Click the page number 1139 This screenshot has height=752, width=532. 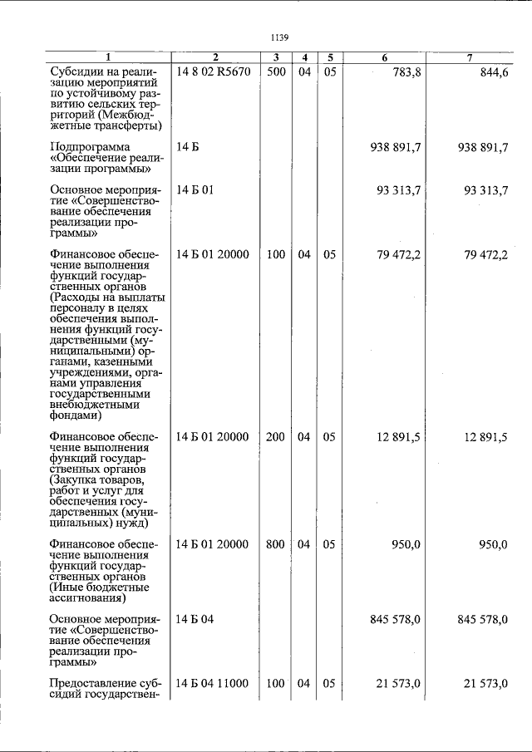pos(278,37)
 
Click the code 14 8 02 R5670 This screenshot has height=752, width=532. pos(213,72)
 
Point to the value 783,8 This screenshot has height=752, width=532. pos(405,72)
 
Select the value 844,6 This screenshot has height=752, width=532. pos(493,72)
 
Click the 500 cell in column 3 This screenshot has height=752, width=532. pos(276,72)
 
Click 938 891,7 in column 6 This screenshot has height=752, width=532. pos(395,147)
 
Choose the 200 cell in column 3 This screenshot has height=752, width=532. pos(276,437)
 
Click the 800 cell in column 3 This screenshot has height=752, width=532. pos(276,544)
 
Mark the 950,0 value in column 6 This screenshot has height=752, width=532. pos(406,544)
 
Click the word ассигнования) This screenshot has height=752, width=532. pos(87,597)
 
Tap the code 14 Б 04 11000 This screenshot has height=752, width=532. pos(213,683)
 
